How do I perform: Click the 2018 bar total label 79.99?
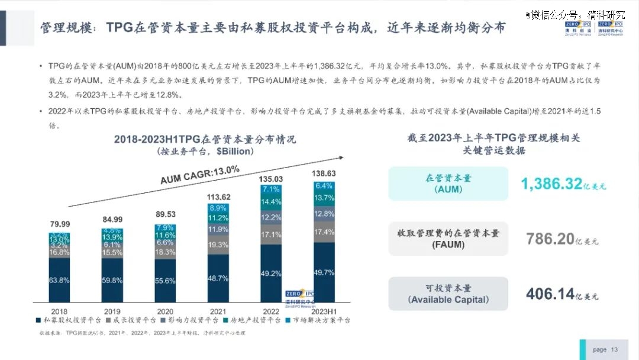[x=59, y=224]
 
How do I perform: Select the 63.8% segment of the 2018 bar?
[x=59, y=280]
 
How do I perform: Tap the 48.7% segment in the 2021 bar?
[x=218, y=278]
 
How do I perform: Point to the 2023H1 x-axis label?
[x=324, y=311]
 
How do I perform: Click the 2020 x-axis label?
[x=165, y=311]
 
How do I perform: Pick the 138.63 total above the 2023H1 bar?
[x=324, y=173]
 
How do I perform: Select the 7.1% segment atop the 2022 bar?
[x=271, y=189]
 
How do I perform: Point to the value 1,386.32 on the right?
[x=551, y=184]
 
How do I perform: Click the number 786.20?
[x=550, y=239]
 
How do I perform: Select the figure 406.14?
[x=550, y=294]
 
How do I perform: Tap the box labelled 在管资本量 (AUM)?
[x=448, y=184]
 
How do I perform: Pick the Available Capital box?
[x=448, y=294]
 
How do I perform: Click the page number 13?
[x=614, y=349]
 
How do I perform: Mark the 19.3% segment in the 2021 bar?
[x=218, y=245]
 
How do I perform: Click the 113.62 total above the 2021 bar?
[x=218, y=197]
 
